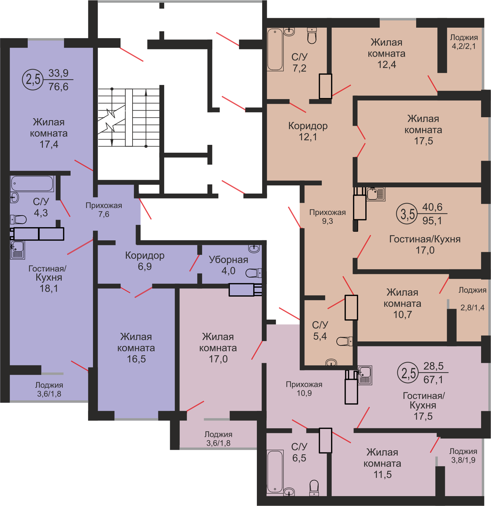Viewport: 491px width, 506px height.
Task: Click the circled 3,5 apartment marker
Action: [407, 214]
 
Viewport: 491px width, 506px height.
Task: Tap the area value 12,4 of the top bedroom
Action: [387, 65]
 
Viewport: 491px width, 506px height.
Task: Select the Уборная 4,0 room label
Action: [229, 265]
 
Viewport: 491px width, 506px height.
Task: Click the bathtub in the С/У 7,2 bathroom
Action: [275, 49]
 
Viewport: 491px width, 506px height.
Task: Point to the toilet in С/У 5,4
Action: [344, 341]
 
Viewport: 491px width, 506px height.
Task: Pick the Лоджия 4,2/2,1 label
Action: [464, 42]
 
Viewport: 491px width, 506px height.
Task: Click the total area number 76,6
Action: [58, 87]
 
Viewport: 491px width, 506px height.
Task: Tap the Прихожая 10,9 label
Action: [304, 389]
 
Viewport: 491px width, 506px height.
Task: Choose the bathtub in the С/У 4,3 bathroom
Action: [32, 183]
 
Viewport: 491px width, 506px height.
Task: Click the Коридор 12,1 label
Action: [308, 131]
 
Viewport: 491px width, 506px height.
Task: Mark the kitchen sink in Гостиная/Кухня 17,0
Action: [376, 194]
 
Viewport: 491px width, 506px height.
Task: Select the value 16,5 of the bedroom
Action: [136, 359]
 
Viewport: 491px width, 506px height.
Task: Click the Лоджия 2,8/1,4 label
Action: [473, 299]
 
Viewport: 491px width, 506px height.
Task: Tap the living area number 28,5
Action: [433, 366]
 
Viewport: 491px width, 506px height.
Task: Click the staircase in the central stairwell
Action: [129, 118]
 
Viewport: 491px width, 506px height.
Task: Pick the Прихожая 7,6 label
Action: [104, 210]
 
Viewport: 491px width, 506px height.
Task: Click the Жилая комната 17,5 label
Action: [423, 130]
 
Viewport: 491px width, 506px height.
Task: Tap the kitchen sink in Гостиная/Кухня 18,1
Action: [17, 250]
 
